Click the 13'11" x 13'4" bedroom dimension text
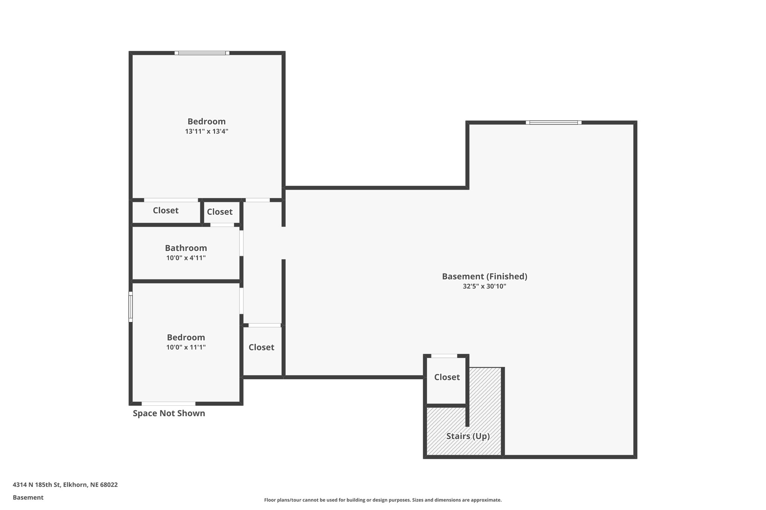[206, 132]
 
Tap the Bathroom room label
[186, 248]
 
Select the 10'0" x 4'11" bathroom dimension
[186, 258]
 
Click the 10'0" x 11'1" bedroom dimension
[186, 347]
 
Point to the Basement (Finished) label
[484, 276]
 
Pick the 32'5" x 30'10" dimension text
[484, 287]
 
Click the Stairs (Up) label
[468, 436]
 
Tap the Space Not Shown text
[169, 413]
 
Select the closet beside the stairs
[447, 377]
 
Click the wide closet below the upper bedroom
[166, 211]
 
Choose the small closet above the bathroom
[220, 212]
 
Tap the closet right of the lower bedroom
[261, 347]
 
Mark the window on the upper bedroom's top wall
[202, 53]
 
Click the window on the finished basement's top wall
[554, 123]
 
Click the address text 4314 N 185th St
[65, 485]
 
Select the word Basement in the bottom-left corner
[28, 497]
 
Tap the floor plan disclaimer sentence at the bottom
[383, 500]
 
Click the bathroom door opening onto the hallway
[241, 243]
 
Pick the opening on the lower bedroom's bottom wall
[168, 404]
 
